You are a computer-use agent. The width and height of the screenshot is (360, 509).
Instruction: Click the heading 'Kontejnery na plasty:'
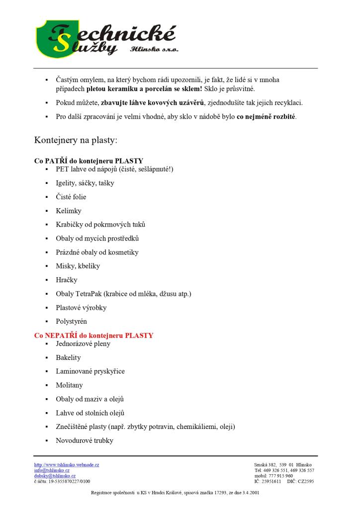pos(76,140)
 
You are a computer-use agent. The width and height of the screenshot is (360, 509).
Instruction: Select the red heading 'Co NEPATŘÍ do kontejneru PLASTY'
pos(93,336)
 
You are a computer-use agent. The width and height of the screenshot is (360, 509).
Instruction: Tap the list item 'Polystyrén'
pos(71,322)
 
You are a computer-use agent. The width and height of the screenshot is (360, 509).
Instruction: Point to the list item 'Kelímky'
pos(69,211)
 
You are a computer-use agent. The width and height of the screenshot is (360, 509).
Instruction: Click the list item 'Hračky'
pos(67,280)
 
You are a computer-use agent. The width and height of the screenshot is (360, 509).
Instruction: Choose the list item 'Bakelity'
pos(68,357)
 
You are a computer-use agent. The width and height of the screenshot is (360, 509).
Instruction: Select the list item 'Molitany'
pos(69,385)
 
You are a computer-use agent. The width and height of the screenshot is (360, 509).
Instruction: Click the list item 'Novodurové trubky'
pos(85,440)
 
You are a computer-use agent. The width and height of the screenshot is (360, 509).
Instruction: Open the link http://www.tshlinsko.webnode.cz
pos(67,465)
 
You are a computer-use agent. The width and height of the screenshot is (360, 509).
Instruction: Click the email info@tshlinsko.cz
pos(52,470)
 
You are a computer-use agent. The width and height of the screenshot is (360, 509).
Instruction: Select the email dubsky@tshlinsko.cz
pos(55,476)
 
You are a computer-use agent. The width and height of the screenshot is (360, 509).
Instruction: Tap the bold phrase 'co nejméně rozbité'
pos(266,117)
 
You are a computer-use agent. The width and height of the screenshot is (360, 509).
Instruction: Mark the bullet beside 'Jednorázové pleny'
pos(46,344)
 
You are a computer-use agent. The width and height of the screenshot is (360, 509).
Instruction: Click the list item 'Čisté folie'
pos(71,197)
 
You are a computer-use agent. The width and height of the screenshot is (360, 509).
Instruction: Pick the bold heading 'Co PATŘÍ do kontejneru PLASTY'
pos(89,161)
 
